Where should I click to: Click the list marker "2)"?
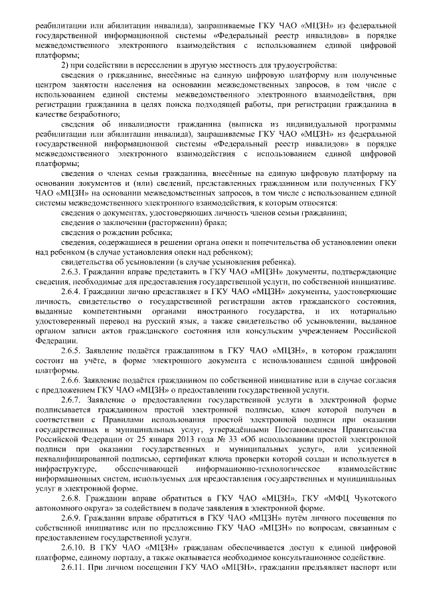(65, 64)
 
